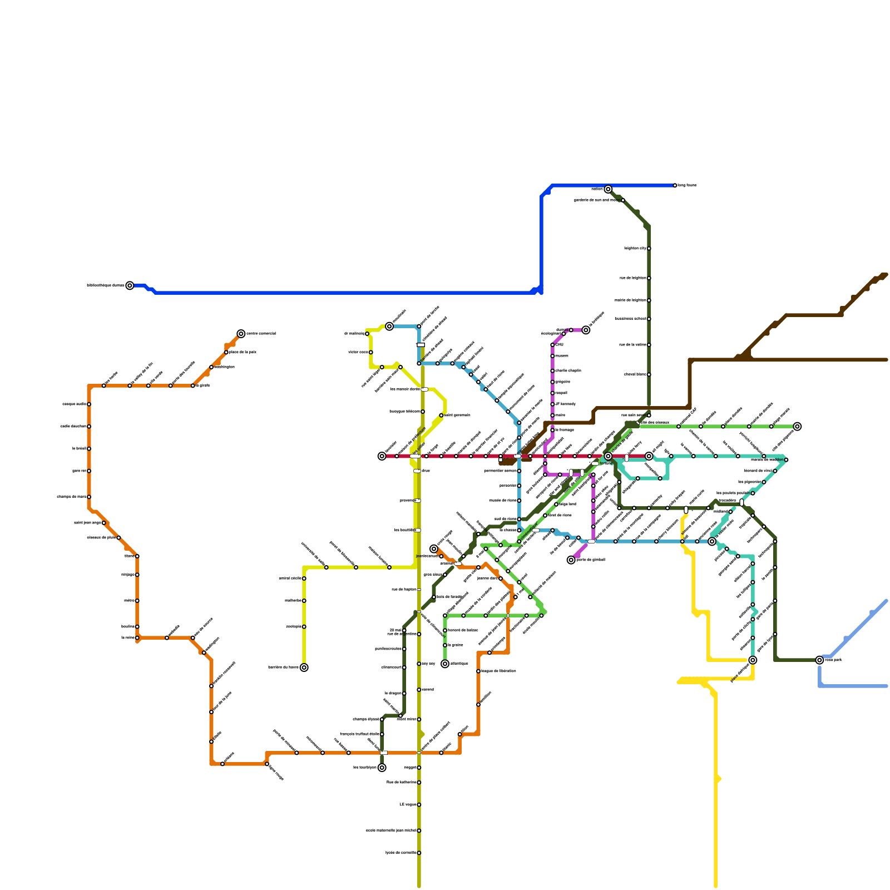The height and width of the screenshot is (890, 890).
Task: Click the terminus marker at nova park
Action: click(819, 660)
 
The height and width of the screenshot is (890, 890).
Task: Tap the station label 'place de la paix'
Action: click(243, 352)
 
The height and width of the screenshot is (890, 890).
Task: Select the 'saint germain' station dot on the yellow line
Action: click(441, 416)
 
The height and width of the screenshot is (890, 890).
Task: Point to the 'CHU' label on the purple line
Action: click(560, 345)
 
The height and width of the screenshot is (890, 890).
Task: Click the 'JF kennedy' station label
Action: click(566, 404)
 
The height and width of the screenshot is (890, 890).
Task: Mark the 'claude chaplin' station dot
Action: click(552, 371)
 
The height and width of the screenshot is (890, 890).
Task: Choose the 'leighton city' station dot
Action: click(649, 249)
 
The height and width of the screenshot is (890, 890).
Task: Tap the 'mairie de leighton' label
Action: click(630, 300)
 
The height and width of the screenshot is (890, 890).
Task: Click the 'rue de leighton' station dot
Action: click(649, 278)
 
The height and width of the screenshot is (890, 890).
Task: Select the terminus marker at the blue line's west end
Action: click(130, 285)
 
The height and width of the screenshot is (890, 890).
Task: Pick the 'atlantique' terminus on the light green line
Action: click(445, 664)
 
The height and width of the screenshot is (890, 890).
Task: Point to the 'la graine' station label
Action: click(456, 645)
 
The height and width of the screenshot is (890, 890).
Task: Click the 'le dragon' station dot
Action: click(404, 694)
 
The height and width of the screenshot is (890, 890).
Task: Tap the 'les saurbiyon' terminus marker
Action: click(382, 768)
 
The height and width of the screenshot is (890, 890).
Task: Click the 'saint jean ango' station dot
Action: click(104, 523)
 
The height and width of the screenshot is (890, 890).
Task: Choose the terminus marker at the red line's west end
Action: click(382, 456)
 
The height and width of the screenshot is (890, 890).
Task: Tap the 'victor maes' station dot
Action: click(371, 352)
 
